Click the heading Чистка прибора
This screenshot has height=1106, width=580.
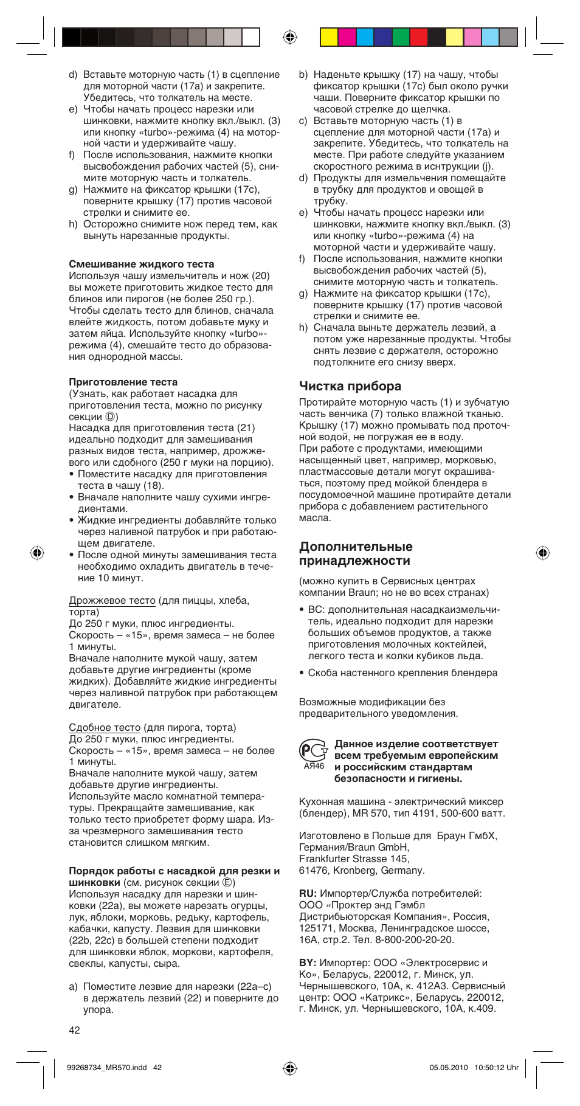(350, 386)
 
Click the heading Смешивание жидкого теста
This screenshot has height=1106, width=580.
(141, 264)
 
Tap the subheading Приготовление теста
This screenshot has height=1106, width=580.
(123, 382)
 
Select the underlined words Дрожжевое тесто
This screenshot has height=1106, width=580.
(112, 600)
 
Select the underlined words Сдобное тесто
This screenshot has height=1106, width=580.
(105, 727)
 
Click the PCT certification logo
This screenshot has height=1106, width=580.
(313, 752)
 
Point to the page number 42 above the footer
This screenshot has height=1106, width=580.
(74, 1030)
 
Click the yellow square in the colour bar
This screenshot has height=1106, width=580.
(329, 38)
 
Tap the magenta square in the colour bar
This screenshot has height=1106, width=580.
(347, 38)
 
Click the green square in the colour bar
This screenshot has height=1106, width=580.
(401, 38)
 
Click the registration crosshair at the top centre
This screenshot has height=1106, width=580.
(290, 38)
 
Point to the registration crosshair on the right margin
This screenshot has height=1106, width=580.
(542, 553)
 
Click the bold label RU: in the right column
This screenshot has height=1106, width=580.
(308, 893)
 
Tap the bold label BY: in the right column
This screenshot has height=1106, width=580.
(308, 963)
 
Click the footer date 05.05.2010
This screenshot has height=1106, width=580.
(449, 1067)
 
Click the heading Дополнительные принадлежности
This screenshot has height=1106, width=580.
(355, 553)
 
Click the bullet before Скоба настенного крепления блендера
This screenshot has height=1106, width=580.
(302, 673)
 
